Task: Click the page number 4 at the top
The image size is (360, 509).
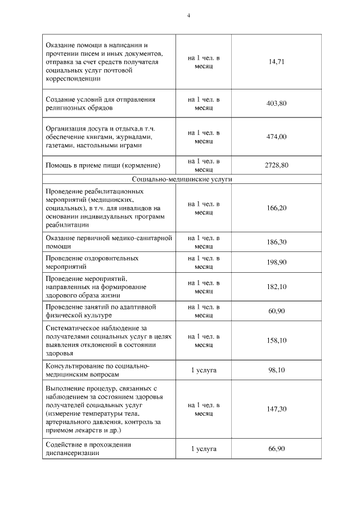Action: [x=188, y=16]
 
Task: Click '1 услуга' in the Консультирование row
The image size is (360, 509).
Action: [x=204, y=370]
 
